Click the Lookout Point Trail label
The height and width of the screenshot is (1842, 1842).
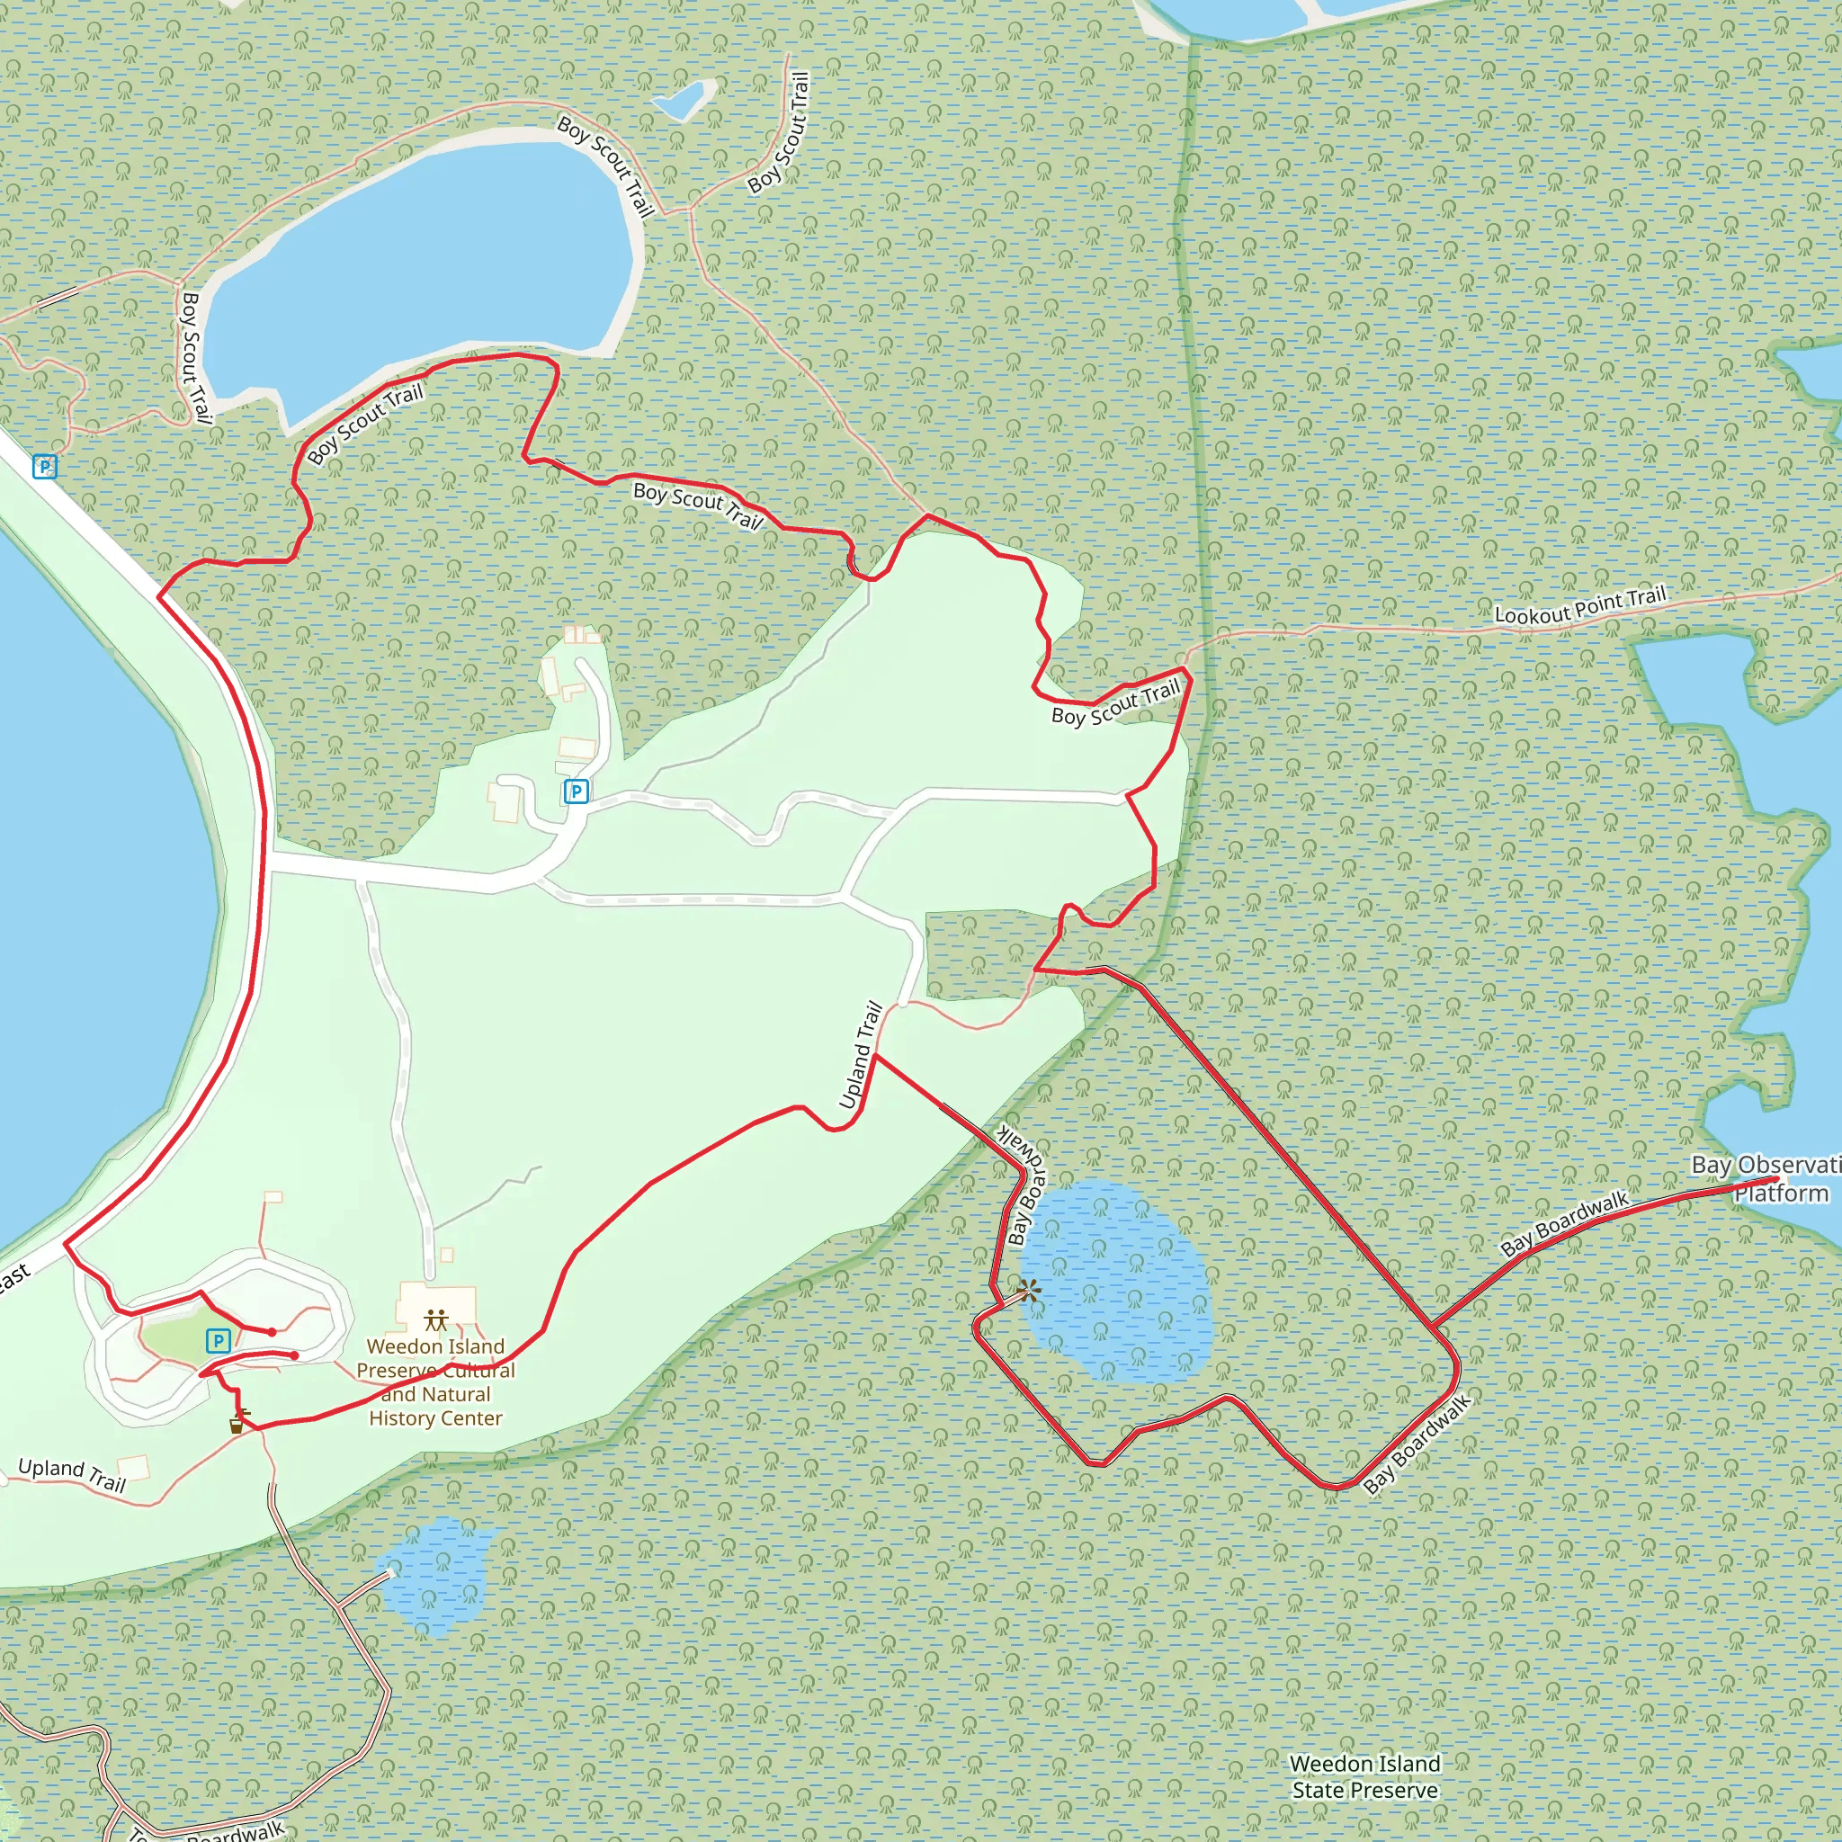[1579, 606]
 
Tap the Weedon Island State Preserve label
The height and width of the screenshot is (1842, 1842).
[1364, 1777]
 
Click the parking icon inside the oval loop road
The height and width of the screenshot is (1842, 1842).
[219, 1341]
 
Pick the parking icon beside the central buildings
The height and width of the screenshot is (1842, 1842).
[576, 791]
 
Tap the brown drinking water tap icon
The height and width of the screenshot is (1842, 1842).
[237, 1426]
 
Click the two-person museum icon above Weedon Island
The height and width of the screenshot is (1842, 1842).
[436, 1319]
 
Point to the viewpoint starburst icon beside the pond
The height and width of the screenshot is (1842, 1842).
[1028, 1292]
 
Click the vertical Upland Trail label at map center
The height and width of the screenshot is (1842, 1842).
[860, 1055]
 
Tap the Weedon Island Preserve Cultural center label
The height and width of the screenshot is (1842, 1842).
[435, 1381]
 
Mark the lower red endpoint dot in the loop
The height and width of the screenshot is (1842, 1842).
[295, 1355]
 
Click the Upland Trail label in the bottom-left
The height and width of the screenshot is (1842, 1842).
[72, 1474]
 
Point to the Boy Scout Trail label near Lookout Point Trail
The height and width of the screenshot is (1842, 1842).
[1115, 702]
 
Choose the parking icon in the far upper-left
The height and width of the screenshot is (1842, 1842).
[45, 466]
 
